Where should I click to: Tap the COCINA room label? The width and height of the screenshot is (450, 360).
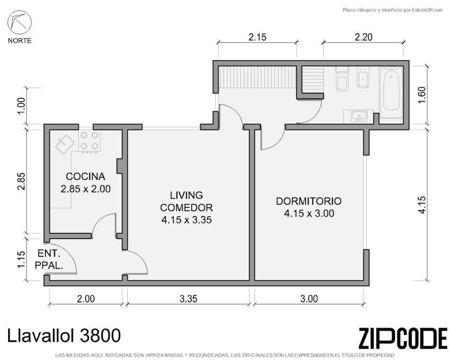(85, 176)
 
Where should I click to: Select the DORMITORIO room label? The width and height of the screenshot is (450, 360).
(309, 201)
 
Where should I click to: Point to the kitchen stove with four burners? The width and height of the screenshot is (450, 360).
(90, 141)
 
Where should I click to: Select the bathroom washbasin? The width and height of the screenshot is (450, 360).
(359, 116)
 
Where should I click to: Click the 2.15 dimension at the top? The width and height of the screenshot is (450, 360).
(257, 37)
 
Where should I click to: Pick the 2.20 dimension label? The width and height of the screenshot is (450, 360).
(364, 37)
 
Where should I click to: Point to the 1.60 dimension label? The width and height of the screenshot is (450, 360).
(422, 95)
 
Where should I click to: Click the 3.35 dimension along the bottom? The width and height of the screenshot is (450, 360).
(188, 299)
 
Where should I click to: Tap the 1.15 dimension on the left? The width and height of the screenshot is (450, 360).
(21, 260)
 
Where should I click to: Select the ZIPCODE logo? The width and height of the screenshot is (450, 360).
(403, 339)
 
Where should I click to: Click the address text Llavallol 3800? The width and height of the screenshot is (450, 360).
(64, 335)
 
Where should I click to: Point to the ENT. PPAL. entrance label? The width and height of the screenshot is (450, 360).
(49, 260)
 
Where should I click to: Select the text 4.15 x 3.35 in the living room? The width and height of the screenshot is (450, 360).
(186, 220)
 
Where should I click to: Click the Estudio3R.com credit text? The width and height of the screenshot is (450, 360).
(393, 10)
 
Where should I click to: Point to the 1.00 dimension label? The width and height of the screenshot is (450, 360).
(21, 106)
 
